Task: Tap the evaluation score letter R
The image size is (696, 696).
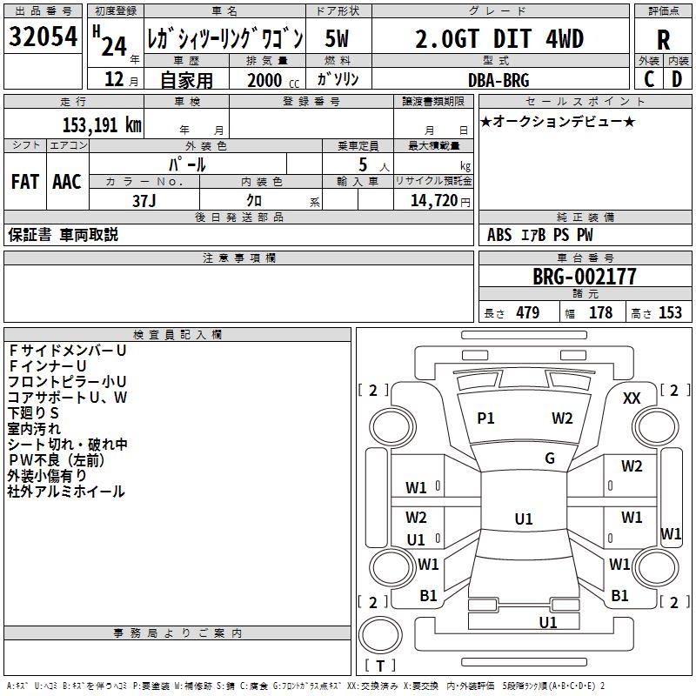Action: point(663,39)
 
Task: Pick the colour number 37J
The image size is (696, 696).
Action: point(144,199)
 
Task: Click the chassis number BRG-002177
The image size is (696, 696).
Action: point(584,277)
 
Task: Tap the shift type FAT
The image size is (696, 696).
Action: point(24,182)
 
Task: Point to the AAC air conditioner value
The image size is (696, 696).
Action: point(67,182)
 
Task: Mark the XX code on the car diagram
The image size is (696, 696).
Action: point(632,398)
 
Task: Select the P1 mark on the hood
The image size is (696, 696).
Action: point(485,418)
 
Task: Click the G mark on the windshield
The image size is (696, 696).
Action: point(550,458)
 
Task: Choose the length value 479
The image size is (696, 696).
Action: point(527,313)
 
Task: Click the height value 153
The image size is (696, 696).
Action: point(670,313)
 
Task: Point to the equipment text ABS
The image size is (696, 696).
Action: point(499,235)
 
